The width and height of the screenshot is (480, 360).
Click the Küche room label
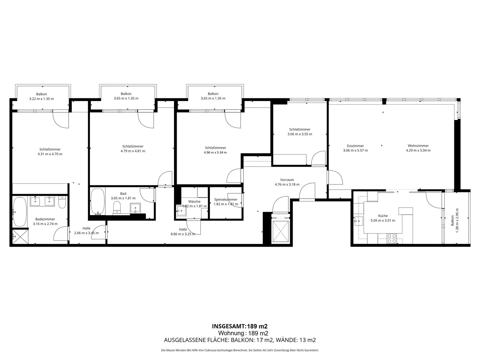tap(383, 216)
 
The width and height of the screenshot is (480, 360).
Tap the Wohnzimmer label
tap(418, 146)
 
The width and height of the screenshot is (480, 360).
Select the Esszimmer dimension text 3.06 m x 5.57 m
tap(355, 150)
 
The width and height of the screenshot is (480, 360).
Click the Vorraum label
tap(287, 180)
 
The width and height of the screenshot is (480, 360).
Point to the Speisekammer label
tap(226, 199)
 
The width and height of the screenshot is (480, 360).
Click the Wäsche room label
tap(194, 201)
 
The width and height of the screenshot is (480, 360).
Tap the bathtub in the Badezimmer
tap(20, 212)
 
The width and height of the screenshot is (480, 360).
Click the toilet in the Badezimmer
tap(62, 202)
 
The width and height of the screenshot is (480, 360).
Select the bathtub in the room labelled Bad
tap(97, 201)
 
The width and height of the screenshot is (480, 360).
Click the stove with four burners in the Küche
tap(391, 238)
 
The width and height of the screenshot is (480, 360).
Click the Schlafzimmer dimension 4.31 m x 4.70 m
tap(50, 154)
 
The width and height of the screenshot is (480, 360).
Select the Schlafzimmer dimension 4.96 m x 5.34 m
tap(215, 152)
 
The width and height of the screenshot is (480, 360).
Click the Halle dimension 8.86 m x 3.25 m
tap(183, 234)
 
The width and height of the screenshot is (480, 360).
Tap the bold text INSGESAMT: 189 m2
tap(240, 326)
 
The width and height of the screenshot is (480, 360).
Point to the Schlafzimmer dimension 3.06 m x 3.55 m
tap(300, 134)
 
